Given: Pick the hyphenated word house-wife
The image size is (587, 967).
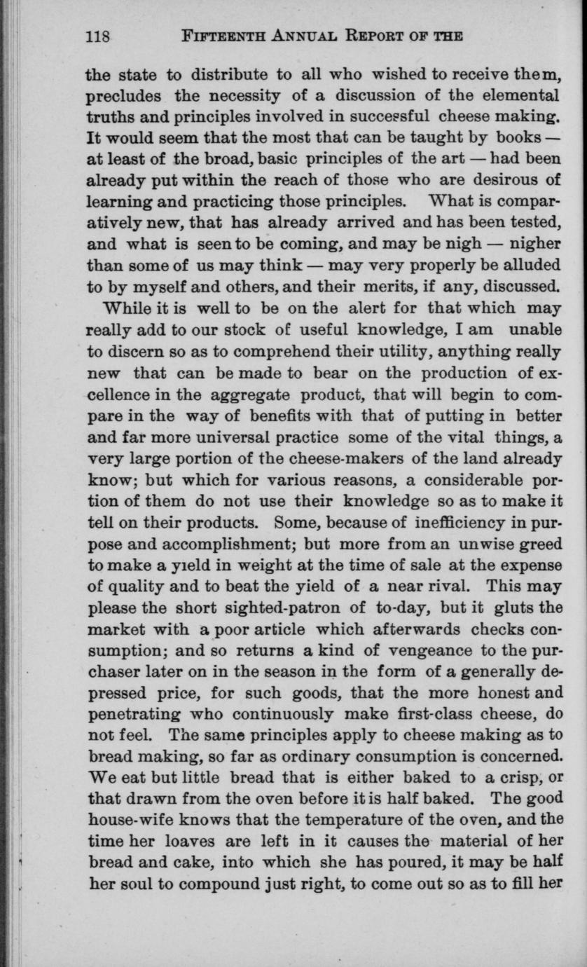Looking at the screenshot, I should click(x=125, y=819).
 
